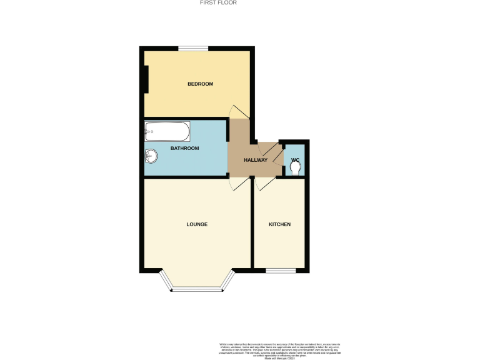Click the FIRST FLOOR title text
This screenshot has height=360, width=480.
click(x=218, y=2)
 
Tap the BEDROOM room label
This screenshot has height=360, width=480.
click(x=201, y=84)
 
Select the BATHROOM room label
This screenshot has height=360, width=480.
click(x=185, y=148)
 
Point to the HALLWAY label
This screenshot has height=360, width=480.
click(x=256, y=160)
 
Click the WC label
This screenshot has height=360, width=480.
click(x=295, y=150)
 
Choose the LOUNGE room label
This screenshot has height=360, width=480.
click(x=197, y=224)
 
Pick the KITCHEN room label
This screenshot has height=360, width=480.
click(x=279, y=224)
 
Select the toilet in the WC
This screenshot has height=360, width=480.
click(x=296, y=167)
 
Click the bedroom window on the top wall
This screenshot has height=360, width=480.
click(x=193, y=49)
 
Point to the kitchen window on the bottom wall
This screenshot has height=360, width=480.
click(x=280, y=271)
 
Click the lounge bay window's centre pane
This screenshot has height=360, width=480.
click(x=197, y=289)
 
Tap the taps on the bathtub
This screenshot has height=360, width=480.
click(x=149, y=131)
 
